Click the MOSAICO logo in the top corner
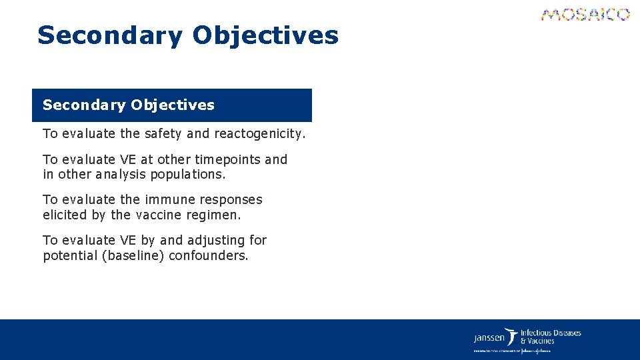coord(585,15)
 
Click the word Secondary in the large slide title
coord(109,35)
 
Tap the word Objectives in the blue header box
coord(173,105)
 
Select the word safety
coord(163,133)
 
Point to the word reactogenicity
coord(259,133)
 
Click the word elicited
coord(65,215)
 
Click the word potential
coord(69,255)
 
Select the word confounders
coord(209,255)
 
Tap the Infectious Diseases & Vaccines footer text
coord(550,337)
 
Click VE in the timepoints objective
coord(127,160)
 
